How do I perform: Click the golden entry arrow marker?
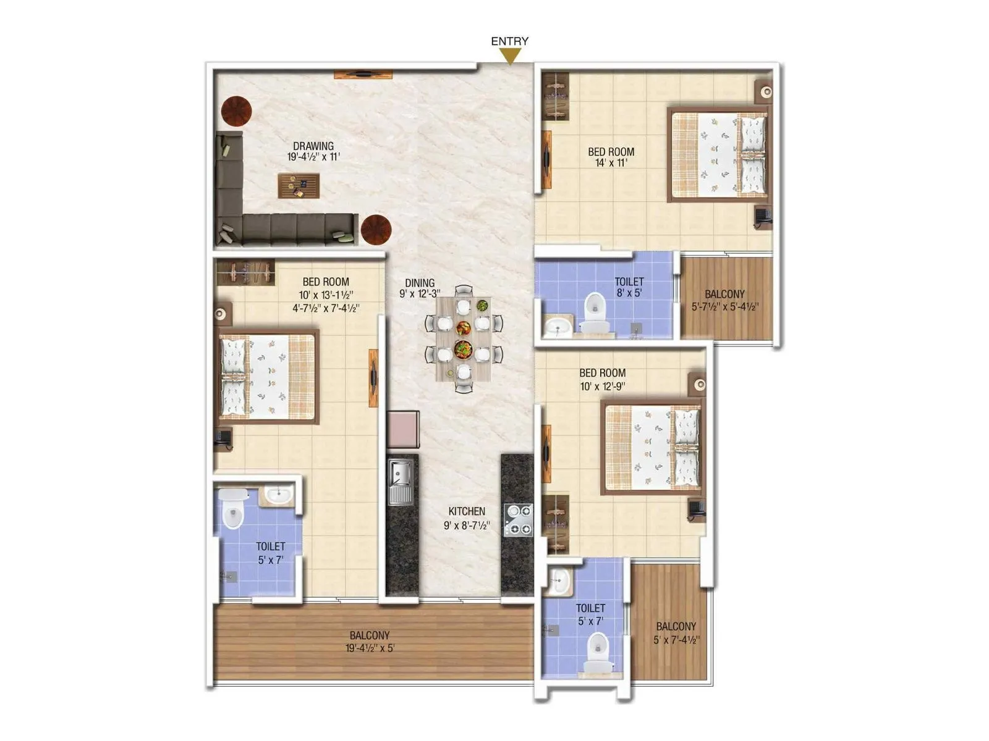pos(510,56)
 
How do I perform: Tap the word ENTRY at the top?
pos(510,41)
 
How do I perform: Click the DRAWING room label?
pos(313,146)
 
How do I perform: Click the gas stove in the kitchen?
pos(518,520)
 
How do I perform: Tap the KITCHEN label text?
pos(467,511)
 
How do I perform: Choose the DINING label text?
pos(420,283)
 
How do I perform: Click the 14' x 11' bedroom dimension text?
pos(611,163)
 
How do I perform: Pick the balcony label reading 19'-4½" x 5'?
pos(370,648)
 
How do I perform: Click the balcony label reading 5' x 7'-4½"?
pos(676,640)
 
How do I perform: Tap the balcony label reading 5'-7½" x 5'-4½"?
pos(724,306)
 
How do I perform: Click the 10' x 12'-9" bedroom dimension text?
pos(602,387)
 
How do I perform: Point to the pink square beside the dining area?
pos(403,428)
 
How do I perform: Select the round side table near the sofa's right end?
pos(376,230)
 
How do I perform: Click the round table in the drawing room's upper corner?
pos(237,111)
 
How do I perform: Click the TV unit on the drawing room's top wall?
pos(363,75)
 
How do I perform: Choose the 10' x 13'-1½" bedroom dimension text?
pos(326,295)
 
